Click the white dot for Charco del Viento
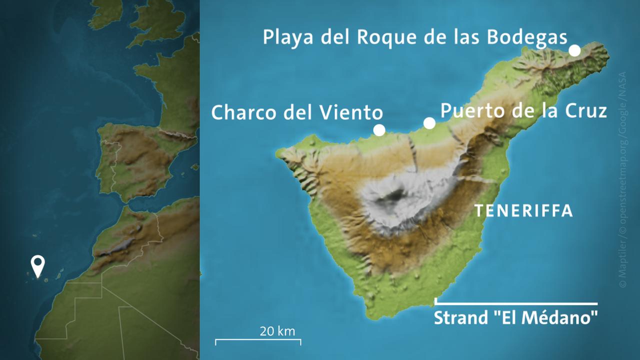click(379, 130)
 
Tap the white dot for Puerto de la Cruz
click(429, 123)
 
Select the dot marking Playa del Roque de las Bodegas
click(574, 50)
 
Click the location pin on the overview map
click(37, 265)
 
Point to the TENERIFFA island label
click(523, 211)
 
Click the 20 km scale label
click(277, 331)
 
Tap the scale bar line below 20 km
click(258, 340)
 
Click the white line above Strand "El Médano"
click(516, 303)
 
